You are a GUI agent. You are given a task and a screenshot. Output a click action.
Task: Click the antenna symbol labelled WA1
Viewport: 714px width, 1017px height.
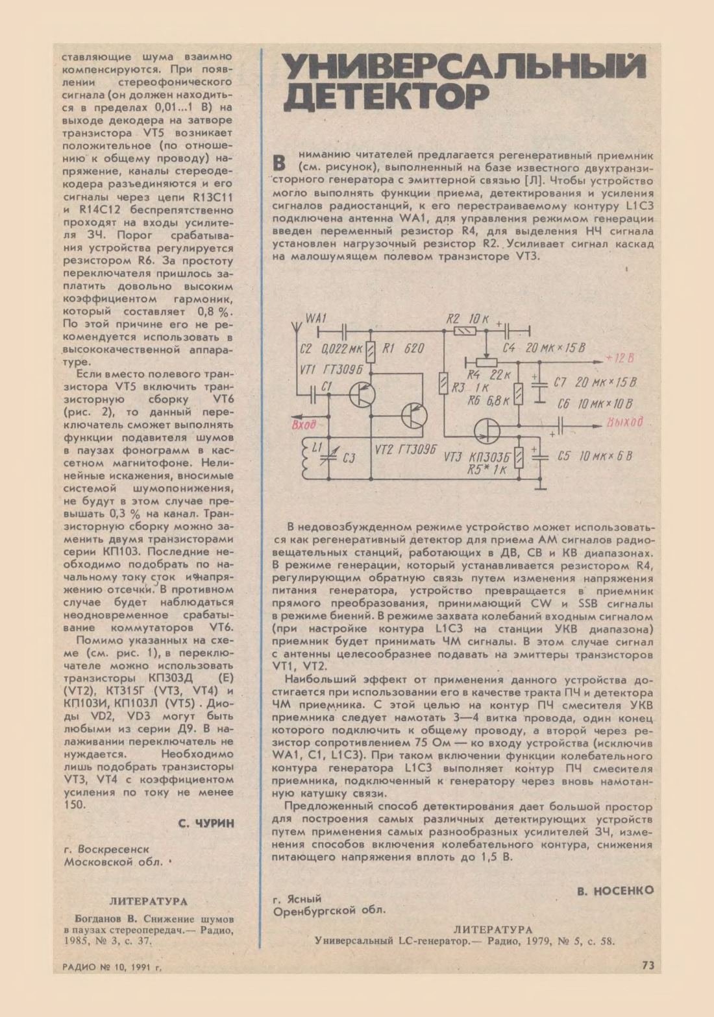point(296,324)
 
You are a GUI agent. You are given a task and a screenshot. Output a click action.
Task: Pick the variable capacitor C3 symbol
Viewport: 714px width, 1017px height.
point(331,458)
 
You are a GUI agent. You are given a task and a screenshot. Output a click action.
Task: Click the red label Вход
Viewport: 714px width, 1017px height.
point(304,425)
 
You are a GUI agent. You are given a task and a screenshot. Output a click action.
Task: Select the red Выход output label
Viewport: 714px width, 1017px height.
point(624,422)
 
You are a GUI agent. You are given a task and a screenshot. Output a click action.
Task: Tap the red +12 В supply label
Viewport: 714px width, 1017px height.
point(619,358)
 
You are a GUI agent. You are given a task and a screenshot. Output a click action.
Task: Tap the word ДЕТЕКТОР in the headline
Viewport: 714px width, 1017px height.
point(387,95)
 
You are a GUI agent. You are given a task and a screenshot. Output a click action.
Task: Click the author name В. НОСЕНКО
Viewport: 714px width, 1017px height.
point(615,891)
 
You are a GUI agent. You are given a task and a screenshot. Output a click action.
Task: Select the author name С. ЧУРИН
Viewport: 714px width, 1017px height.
point(205,823)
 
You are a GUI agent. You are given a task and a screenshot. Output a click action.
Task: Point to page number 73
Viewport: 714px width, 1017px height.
point(647,966)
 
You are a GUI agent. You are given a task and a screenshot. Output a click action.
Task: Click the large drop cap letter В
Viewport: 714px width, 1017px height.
point(280,162)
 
